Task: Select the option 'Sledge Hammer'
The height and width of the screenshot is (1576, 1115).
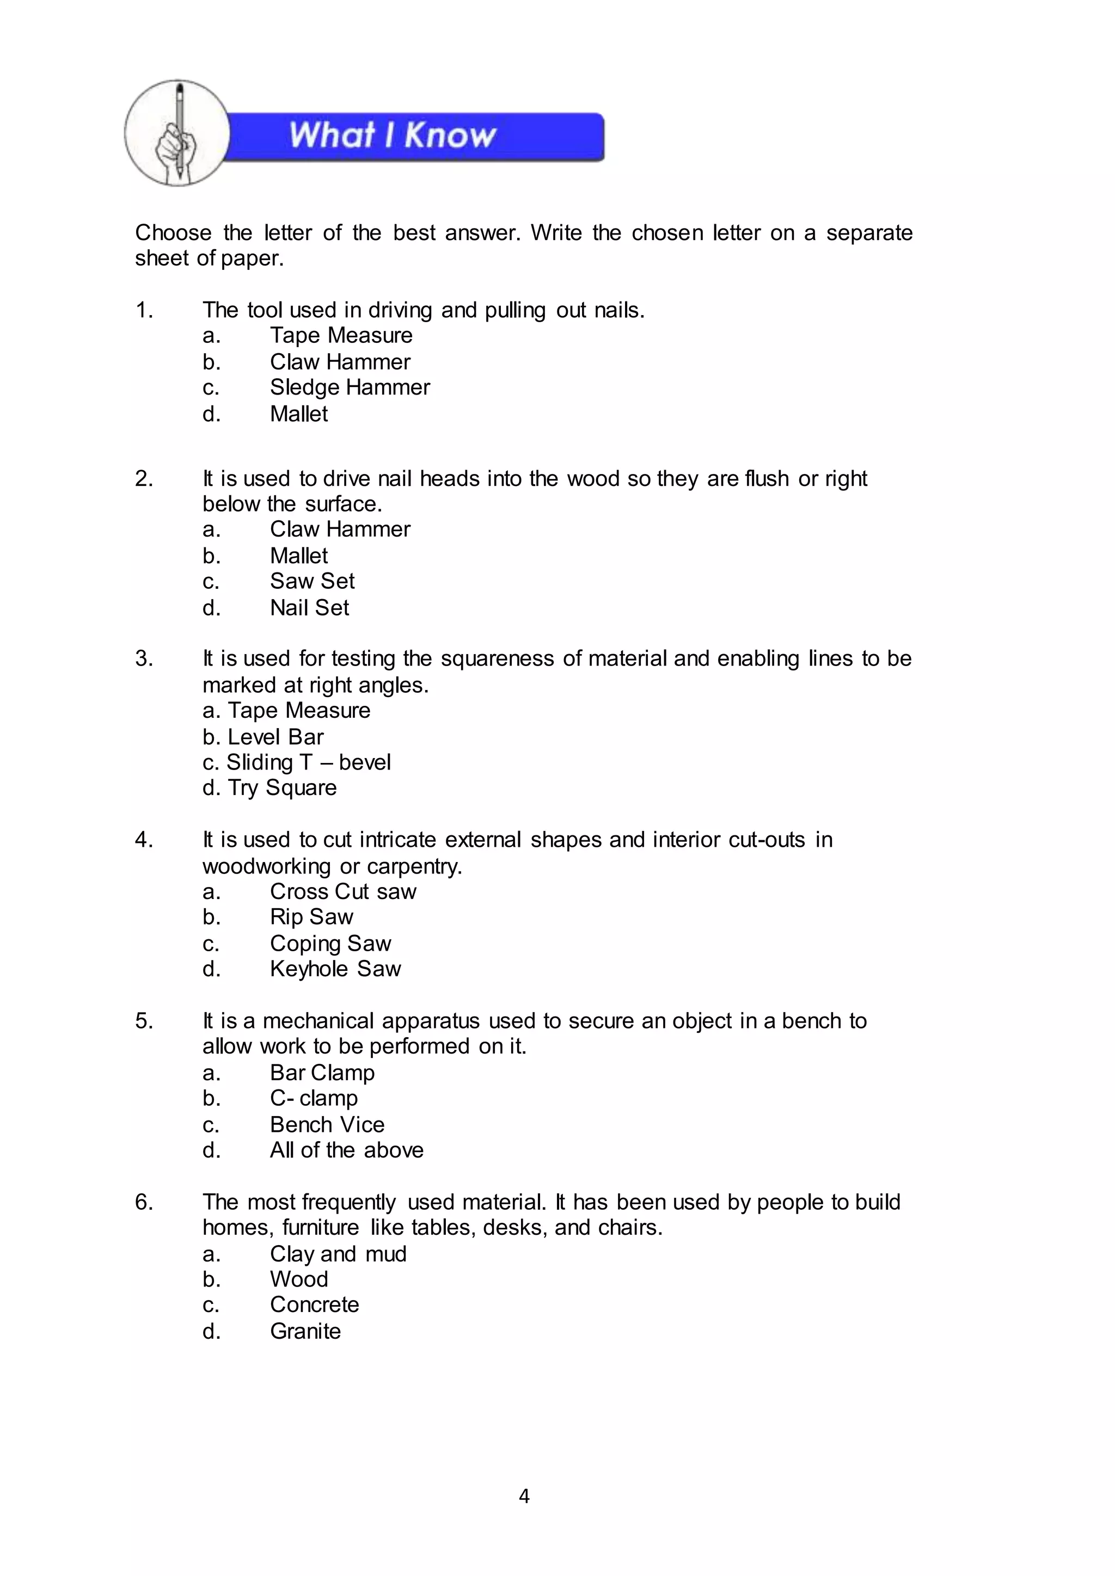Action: point(350,388)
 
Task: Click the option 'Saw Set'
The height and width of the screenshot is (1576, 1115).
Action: point(312,581)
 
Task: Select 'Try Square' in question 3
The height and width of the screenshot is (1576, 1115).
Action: point(281,788)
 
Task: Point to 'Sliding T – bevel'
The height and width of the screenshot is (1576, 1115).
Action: point(308,762)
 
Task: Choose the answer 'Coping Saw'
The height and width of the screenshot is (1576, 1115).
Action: point(330,944)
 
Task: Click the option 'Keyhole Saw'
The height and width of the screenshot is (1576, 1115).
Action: point(335,969)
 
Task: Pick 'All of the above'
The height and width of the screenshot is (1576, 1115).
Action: point(346,1150)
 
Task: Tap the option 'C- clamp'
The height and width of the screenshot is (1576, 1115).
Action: point(314,1098)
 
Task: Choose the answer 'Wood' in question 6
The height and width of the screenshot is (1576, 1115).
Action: point(299,1279)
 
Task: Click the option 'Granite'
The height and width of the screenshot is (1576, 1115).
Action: point(305,1332)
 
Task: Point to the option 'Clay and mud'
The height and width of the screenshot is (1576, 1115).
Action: point(338,1254)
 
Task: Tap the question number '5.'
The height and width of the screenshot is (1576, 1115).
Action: point(144,1021)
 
